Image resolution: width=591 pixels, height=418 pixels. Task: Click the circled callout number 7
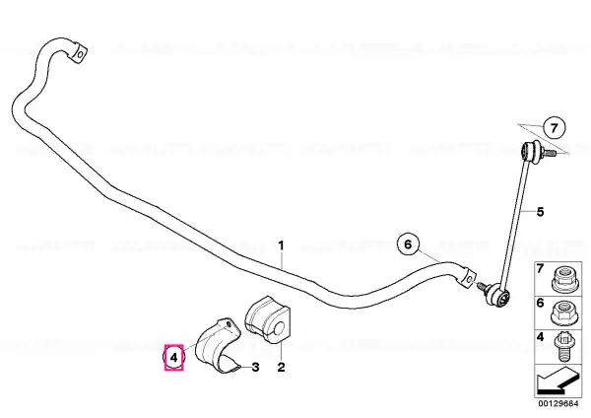click(554, 128)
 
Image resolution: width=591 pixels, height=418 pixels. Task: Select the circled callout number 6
click(408, 244)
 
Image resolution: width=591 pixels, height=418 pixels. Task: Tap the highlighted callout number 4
click(173, 357)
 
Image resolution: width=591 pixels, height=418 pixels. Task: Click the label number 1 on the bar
click(281, 246)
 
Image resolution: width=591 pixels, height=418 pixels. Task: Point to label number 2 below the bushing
click(281, 367)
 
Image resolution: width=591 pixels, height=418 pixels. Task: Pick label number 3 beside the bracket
click(255, 367)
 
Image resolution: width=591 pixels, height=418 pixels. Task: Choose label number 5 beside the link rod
click(540, 212)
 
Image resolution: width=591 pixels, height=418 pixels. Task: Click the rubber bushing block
click(268, 319)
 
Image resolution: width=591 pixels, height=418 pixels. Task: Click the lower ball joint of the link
click(498, 294)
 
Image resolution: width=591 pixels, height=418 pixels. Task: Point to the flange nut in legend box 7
click(563, 279)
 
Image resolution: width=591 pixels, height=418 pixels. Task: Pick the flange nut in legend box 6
click(563, 313)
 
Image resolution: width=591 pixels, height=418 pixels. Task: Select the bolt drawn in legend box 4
click(563, 346)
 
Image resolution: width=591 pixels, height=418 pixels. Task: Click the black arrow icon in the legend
click(558, 381)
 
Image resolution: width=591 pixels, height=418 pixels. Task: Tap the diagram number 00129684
click(558, 403)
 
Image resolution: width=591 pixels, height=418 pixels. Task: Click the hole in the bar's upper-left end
click(81, 54)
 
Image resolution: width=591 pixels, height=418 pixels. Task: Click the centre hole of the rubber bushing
click(280, 329)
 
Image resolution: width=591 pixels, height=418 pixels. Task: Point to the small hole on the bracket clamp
click(228, 323)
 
